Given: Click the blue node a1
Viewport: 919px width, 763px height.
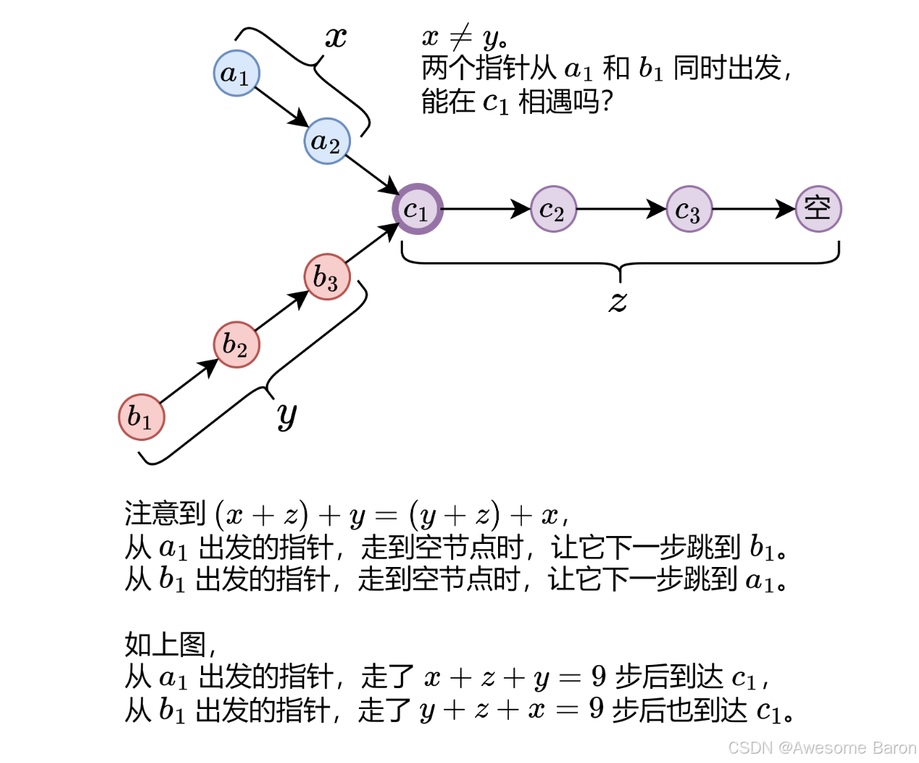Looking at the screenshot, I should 236,73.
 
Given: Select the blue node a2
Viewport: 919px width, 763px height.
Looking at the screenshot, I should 327,141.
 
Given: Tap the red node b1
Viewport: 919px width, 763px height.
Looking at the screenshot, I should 141,416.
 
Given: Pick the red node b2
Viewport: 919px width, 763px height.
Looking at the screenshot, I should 236,344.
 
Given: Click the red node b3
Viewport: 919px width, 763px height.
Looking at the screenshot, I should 327,277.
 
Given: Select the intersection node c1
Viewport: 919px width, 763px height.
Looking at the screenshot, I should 417,210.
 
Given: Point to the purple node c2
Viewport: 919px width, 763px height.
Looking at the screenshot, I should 553,210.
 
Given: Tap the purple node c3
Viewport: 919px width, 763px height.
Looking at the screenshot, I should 689,210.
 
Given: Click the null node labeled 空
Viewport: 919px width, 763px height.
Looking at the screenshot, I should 818,210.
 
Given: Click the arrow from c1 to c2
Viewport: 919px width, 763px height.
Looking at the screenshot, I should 485,210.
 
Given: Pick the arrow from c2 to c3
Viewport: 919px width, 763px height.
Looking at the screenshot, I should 621,210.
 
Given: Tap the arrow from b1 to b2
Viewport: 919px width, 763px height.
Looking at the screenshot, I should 189,380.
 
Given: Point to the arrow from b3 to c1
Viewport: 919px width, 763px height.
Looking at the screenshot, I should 372,243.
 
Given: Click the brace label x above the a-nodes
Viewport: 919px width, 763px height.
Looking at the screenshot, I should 336,37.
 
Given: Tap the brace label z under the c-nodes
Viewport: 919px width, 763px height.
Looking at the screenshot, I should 618,301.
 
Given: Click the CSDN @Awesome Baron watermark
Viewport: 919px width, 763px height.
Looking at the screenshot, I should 822,748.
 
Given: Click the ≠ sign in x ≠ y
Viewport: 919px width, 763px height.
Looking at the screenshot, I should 461,36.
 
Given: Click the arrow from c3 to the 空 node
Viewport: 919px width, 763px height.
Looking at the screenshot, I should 754,210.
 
